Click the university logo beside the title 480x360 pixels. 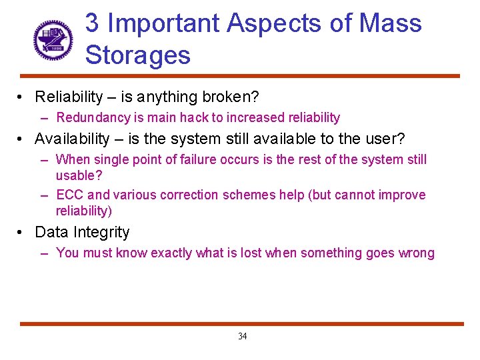coord(53,38)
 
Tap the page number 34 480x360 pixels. coord(242,336)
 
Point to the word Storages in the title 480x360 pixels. coord(138,55)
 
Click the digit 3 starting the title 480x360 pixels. coord(93,23)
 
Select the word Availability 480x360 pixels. coord(72,139)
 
